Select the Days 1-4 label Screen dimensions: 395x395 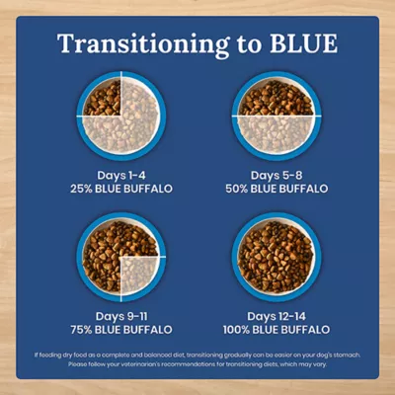tap(122, 175)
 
